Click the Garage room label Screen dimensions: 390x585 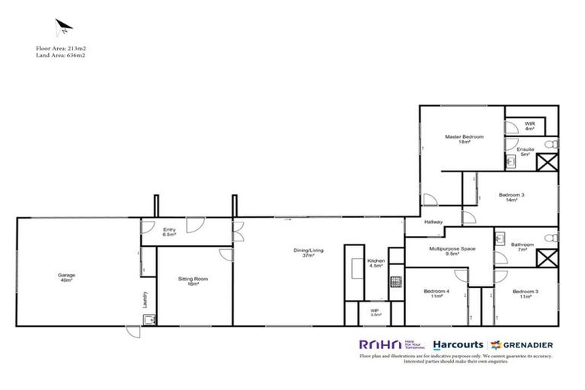pyautogui.click(x=66, y=277)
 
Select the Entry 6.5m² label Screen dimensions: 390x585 pyautogui.click(x=170, y=232)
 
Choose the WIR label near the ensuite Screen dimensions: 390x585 pyautogui.click(x=529, y=126)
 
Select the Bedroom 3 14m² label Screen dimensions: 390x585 pyautogui.click(x=512, y=197)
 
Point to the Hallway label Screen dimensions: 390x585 pyautogui.click(x=433, y=222)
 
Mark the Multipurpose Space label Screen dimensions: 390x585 pyautogui.click(x=452, y=251)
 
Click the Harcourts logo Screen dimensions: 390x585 pyautogui.click(x=456, y=344)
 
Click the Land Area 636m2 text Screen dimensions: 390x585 pyautogui.click(x=60, y=56)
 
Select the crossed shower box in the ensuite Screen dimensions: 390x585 pyautogui.click(x=547, y=161)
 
